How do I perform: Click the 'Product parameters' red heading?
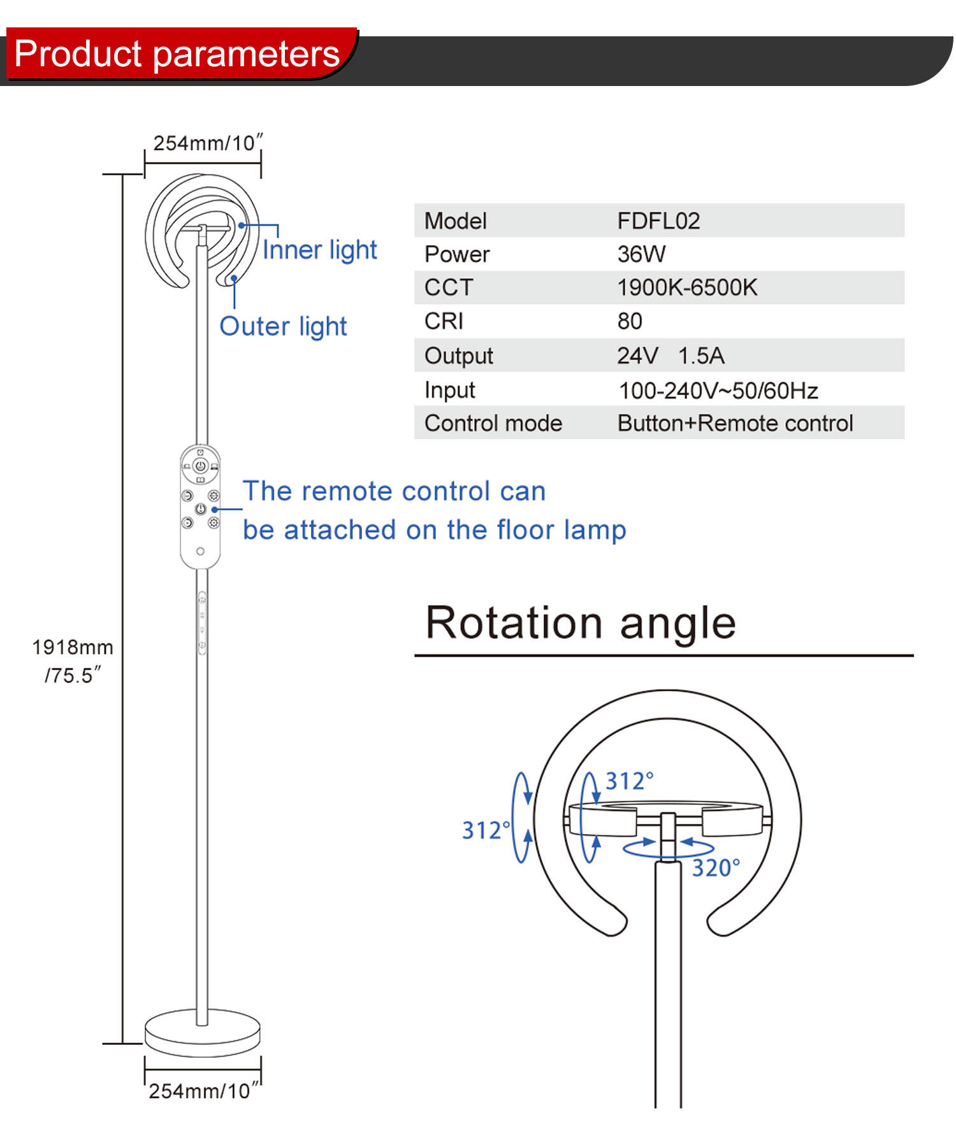click(x=177, y=54)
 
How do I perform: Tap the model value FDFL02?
click(x=658, y=221)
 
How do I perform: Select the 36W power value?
click(x=641, y=254)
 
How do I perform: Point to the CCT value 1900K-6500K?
click(x=687, y=287)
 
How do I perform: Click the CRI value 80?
click(x=630, y=321)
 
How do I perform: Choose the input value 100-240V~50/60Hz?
click(x=718, y=390)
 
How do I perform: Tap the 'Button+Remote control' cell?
click(x=735, y=423)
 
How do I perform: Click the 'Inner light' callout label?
click(x=320, y=250)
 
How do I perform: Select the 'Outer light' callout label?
click(x=283, y=326)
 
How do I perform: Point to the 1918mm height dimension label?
click(x=73, y=661)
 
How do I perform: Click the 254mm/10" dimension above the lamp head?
click(x=208, y=143)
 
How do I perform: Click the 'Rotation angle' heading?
click(x=581, y=623)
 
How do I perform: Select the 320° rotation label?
click(x=716, y=868)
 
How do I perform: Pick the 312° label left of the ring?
click(x=486, y=830)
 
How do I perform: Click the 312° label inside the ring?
click(x=629, y=781)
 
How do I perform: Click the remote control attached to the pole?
click(x=200, y=507)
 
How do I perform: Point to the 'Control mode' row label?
click(x=493, y=423)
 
